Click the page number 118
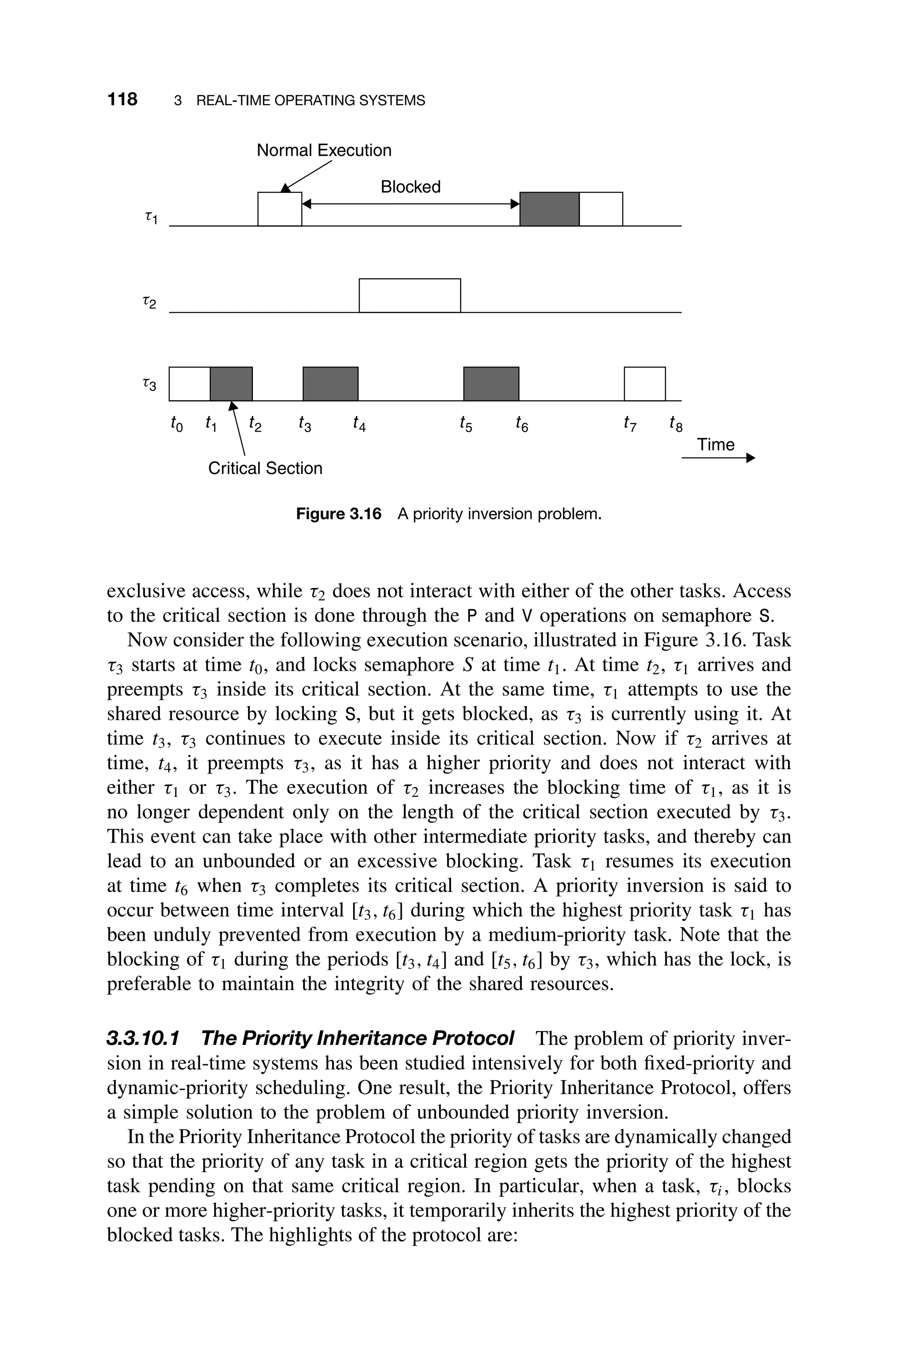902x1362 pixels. tap(122, 100)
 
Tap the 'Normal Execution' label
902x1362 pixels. tap(324, 150)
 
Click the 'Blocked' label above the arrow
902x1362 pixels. tap(410, 187)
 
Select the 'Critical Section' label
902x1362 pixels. tap(265, 468)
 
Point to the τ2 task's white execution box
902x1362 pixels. tap(410, 296)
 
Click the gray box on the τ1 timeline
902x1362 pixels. tap(549, 209)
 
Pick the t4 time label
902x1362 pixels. tap(359, 425)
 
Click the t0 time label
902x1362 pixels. tap(176, 425)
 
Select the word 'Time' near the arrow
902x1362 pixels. tap(716, 444)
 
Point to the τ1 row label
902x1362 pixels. tap(151, 218)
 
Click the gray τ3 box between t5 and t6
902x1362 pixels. tap(491, 384)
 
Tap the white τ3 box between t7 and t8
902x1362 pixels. tap(645, 384)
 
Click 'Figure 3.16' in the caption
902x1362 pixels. tap(338, 514)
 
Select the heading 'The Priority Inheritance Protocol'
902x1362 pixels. tap(357, 1039)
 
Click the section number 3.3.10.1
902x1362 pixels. tap(143, 1039)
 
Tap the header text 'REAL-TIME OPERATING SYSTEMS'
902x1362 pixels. tap(311, 101)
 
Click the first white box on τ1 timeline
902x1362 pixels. tap(280, 209)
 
